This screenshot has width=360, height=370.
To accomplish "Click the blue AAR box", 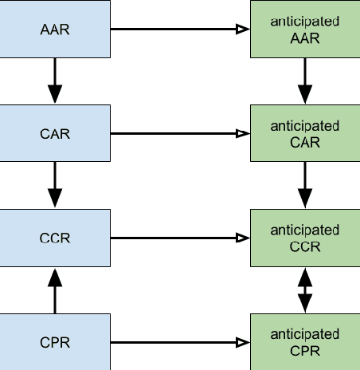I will coord(55,30).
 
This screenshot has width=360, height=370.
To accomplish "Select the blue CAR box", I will coord(55,133).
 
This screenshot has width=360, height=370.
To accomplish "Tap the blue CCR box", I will coord(55,237).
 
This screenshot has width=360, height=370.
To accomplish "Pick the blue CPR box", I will coord(55,343).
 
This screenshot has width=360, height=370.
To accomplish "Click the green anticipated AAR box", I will coord(305,30).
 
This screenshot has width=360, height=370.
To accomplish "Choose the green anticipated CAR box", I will coord(305,133).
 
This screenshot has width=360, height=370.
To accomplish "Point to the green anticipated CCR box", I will coord(305,237).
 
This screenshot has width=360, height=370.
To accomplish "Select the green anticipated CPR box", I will coord(305,343).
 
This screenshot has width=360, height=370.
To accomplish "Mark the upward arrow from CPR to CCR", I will coord(55,290).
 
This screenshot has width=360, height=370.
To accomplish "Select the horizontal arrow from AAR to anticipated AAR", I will coord(179,30).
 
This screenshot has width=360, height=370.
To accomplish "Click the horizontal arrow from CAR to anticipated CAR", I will coord(179,133).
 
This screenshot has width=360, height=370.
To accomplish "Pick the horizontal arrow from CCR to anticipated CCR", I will coord(179,237).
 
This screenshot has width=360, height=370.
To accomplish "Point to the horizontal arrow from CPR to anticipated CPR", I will coord(179,343).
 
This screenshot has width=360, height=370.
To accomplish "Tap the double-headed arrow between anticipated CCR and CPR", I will coord(305,290).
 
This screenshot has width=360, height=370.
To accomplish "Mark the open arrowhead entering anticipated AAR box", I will coord(244,30).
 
